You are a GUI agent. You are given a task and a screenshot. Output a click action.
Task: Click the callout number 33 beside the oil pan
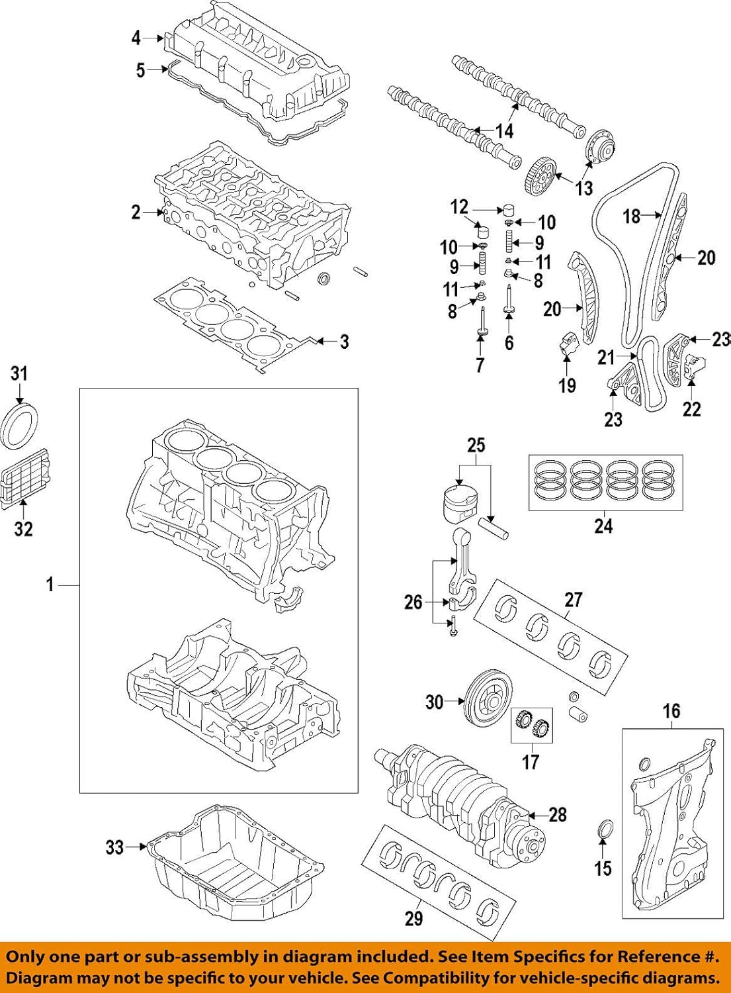[x=114, y=847]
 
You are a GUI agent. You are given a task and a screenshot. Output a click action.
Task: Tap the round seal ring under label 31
[x=21, y=428]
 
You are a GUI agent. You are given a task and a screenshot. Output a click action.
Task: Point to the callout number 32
[x=23, y=528]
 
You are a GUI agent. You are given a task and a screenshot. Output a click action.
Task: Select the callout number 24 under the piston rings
[x=603, y=526]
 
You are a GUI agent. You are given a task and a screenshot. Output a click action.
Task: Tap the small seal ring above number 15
[x=605, y=830]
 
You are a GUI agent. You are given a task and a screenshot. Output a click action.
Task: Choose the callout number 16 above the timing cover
[x=671, y=711]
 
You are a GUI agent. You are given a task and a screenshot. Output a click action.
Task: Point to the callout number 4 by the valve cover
[x=136, y=38]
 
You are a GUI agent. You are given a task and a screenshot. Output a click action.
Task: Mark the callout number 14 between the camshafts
[x=504, y=131]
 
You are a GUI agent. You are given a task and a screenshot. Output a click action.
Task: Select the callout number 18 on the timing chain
[x=632, y=216]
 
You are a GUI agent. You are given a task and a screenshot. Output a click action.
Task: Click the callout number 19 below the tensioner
[x=567, y=385]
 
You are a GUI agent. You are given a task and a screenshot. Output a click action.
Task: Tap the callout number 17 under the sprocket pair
[x=531, y=762]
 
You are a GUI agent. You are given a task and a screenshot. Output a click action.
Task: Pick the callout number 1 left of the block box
[x=50, y=585]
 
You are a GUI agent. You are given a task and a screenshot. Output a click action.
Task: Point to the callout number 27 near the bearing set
[x=573, y=600]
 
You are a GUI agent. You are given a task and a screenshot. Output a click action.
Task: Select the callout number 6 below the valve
[x=509, y=342]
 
